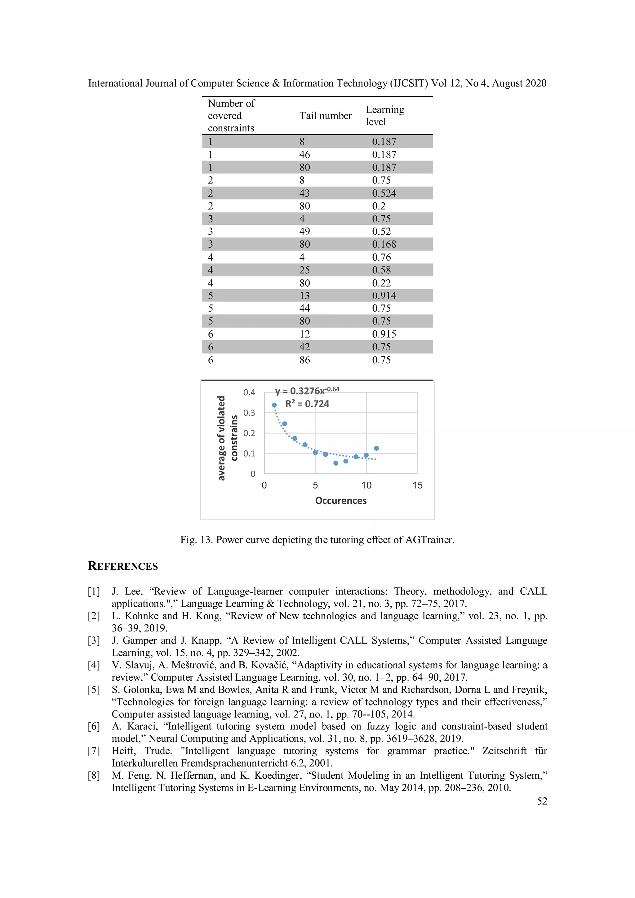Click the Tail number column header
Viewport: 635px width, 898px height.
pyautogui.click(x=325, y=116)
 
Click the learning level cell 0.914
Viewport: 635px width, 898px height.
pyautogui.click(x=384, y=296)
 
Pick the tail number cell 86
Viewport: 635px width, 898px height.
pyautogui.click(x=304, y=360)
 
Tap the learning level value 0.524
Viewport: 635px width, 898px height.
pyautogui.click(x=384, y=193)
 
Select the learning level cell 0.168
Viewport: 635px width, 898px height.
pyautogui.click(x=384, y=245)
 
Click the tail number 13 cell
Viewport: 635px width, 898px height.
pyautogui.click(x=304, y=296)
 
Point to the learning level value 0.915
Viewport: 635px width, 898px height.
pyautogui.click(x=384, y=334)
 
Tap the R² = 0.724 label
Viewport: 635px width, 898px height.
pyautogui.click(x=307, y=404)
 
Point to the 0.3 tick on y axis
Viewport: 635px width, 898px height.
pyautogui.click(x=249, y=413)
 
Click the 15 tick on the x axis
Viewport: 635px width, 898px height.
pyautogui.click(x=417, y=485)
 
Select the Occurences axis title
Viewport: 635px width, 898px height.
pyautogui.click(x=341, y=501)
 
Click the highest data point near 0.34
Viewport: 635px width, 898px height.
pyautogui.click(x=274, y=405)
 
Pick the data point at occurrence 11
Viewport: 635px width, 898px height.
pyautogui.click(x=376, y=448)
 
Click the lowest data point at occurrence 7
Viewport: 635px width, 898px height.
pyautogui.click(x=336, y=463)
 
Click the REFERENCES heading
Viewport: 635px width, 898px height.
pyautogui.click(x=122, y=566)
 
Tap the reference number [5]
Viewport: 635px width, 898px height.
pyautogui.click(x=94, y=689)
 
